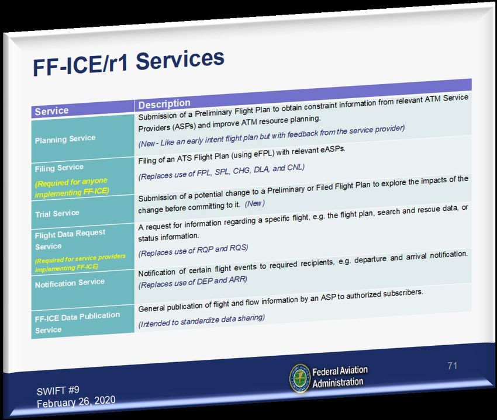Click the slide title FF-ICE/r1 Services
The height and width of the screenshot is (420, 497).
point(129,63)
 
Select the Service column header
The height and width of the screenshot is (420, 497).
point(51,111)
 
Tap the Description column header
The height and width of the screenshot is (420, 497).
point(164,103)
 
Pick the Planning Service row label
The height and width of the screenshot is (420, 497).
point(65,139)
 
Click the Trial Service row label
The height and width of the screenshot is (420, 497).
point(57,213)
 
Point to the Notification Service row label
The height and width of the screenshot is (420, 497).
point(70,283)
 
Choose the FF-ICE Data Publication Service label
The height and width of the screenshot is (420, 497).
point(77,322)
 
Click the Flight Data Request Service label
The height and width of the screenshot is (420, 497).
point(70,239)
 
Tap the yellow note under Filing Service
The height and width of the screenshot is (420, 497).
point(72,188)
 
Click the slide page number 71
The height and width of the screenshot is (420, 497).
point(453,366)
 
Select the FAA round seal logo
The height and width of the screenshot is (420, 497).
point(299,379)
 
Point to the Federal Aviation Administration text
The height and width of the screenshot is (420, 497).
point(340,377)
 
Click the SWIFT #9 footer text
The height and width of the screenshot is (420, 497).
point(58,391)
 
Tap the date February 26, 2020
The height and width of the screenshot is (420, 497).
point(76,402)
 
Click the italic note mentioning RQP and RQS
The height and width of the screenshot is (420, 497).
point(193,250)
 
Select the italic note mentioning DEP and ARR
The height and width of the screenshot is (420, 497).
point(192,282)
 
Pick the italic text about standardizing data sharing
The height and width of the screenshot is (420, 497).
point(201,320)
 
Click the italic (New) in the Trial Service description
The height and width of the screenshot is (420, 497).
point(254,203)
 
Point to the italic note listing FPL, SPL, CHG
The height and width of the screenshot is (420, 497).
point(221,172)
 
